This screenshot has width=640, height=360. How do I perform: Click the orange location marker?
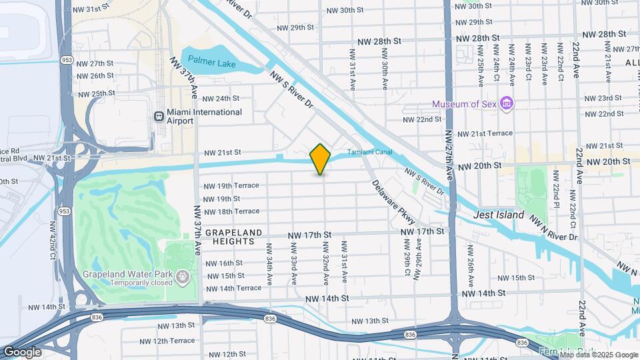coord(321,159)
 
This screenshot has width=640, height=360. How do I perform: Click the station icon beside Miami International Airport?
coord(159,116)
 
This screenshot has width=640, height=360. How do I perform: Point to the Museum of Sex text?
coord(464,104)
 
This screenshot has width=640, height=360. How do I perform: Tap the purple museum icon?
coord(507,103)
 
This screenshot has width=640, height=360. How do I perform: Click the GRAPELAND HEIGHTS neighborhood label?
coord(231,237)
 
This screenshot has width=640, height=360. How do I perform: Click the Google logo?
coord(22,352)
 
